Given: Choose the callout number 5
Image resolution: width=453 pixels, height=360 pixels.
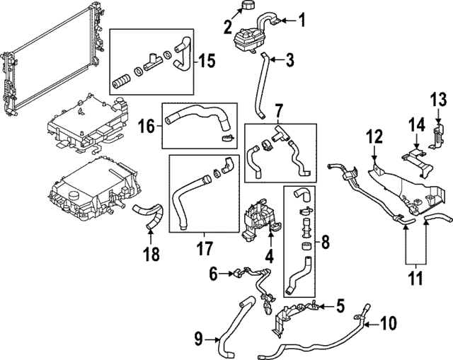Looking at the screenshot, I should coord(340,306).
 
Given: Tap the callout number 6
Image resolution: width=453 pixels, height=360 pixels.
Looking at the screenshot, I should coord(212,271).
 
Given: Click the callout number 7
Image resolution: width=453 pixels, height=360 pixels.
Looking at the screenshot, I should coord(279,111).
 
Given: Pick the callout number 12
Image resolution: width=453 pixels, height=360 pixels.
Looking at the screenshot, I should coord(374,134).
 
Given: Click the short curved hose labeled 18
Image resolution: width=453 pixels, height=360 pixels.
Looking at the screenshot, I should coord(149,211).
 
